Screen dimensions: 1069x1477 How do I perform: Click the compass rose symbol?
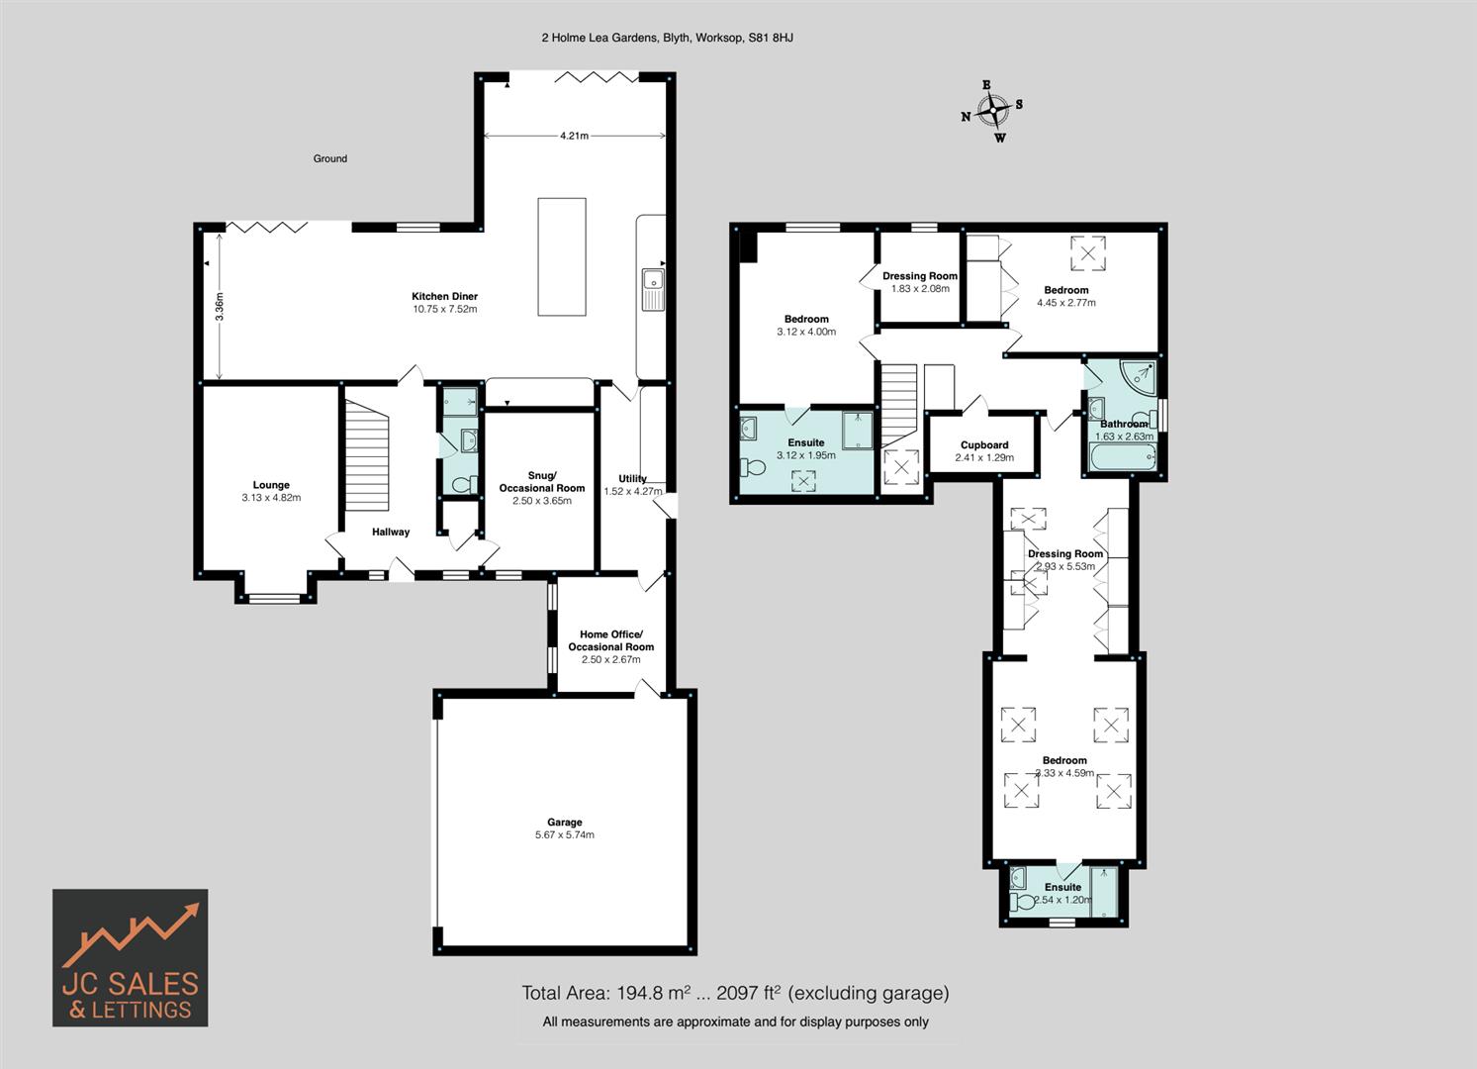[x=992, y=110]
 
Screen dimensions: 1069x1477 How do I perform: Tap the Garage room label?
[x=565, y=828]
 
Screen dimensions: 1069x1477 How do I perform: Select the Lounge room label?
[x=270, y=491]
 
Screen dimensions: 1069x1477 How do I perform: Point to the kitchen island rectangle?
[x=561, y=255]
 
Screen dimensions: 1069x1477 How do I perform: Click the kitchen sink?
[x=652, y=289]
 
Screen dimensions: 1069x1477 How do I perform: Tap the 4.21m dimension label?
[x=574, y=136]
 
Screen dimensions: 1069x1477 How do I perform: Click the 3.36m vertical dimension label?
[x=220, y=305]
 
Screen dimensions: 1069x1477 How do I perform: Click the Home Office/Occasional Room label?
[x=610, y=646]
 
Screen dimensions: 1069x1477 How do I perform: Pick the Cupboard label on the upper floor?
[x=983, y=451]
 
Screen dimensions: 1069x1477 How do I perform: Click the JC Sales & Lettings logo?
[x=130, y=957]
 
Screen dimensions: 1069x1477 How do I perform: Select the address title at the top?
[x=667, y=38]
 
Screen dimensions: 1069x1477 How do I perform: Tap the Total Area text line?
[x=735, y=992]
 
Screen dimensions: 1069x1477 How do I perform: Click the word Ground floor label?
[x=330, y=158]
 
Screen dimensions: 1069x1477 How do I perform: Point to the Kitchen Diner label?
[x=444, y=302]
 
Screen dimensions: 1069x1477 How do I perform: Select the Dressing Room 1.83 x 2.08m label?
[x=920, y=282]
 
